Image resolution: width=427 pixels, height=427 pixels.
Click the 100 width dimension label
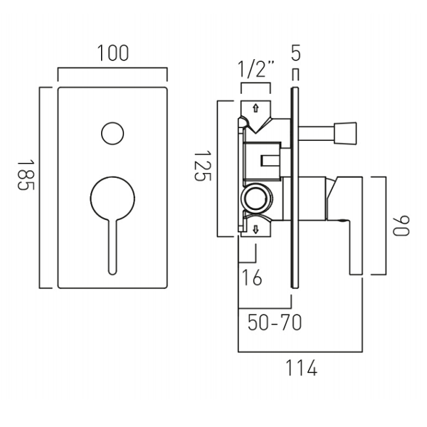(x=112, y=54)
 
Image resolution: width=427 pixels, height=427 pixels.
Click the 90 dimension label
(x=404, y=225)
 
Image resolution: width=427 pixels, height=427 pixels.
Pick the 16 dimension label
(x=251, y=277)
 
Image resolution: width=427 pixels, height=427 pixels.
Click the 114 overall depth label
(x=300, y=369)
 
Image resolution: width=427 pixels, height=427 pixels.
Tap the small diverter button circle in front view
(x=112, y=133)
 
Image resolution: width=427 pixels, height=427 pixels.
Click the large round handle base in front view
(x=112, y=198)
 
